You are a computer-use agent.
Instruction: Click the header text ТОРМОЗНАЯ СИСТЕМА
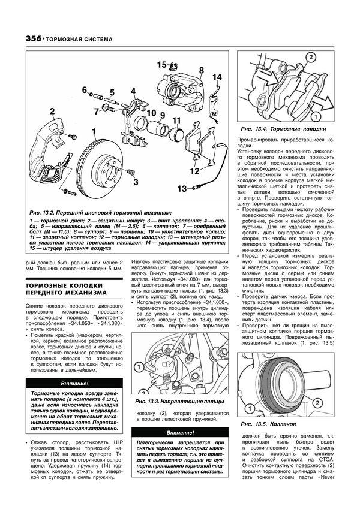[x=71, y=39]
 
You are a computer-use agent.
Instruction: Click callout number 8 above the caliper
[x=201, y=71]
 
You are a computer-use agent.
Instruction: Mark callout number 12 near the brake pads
[x=193, y=171]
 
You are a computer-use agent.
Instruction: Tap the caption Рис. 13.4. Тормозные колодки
[x=282, y=129]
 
